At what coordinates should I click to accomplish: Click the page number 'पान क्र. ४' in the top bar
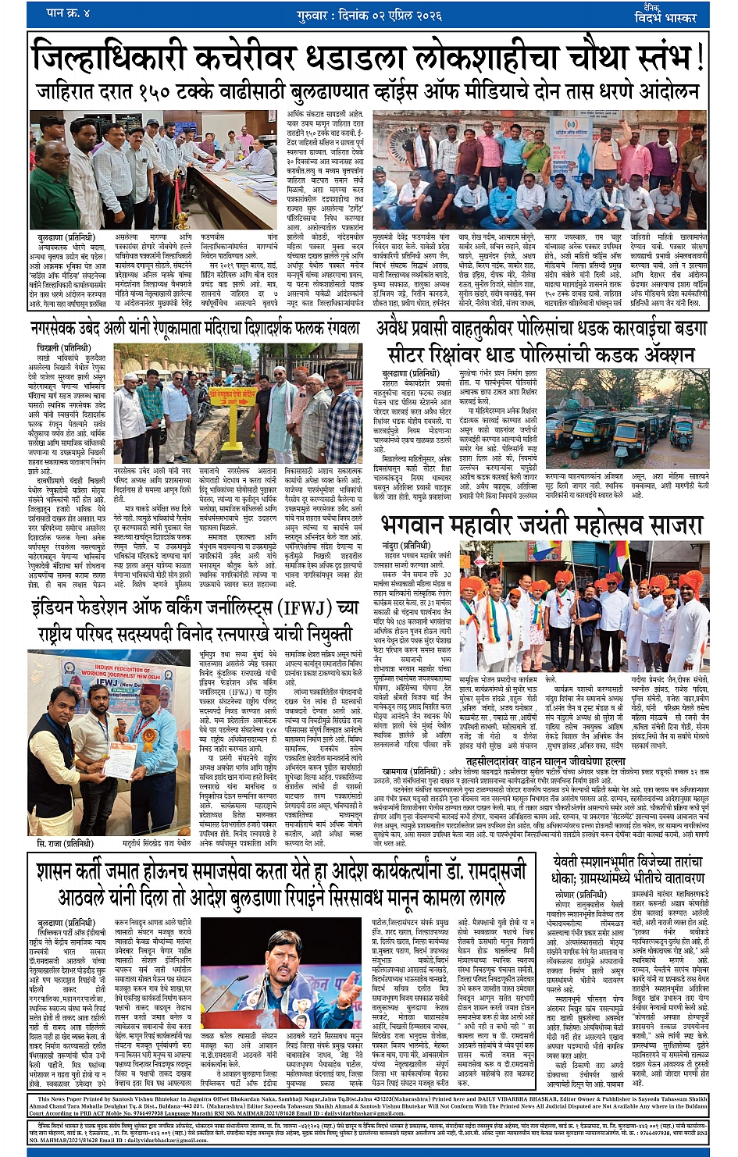click(69, 13)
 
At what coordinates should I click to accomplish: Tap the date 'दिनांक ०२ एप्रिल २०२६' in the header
click(390, 15)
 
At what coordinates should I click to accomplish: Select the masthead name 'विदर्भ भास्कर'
click(665, 17)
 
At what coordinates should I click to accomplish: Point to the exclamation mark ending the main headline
click(699, 58)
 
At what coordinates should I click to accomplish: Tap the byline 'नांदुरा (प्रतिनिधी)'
click(407, 545)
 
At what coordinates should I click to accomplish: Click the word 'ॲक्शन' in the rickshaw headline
click(655, 355)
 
